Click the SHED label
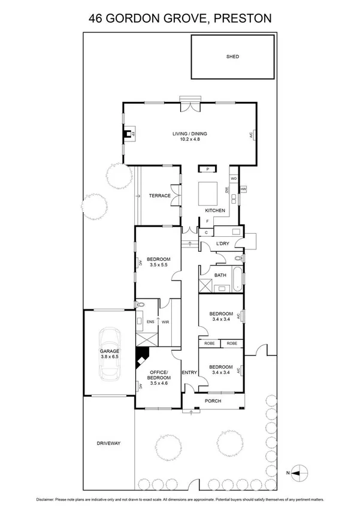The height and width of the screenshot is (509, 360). [232, 56]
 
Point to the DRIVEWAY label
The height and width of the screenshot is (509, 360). [108, 443]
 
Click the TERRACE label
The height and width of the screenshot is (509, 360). [160, 195]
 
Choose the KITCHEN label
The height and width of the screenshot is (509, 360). [215, 210]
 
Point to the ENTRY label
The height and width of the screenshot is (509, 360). [189, 373]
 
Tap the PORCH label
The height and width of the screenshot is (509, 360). [213, 400]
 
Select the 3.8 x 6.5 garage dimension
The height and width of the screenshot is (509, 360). [110, 357]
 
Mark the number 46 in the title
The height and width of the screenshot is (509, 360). [96, 19]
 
